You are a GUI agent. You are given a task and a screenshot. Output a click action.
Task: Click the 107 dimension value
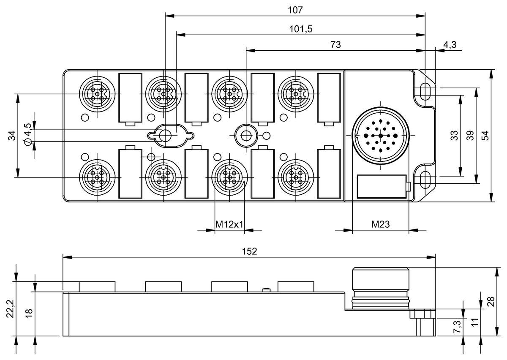295,10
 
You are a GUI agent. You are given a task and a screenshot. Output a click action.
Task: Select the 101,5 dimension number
301,29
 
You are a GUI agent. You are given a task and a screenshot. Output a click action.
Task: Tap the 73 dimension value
335,45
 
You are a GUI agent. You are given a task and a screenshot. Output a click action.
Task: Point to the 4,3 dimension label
450,45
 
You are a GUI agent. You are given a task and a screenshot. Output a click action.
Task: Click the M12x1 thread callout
229,224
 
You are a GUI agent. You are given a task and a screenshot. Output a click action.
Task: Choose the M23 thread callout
381,224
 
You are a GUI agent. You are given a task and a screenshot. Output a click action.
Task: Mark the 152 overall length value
249,251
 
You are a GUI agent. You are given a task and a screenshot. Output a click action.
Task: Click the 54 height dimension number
485,136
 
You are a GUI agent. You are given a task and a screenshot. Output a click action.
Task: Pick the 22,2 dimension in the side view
10,309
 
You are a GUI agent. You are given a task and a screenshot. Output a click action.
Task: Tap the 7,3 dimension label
457,327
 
